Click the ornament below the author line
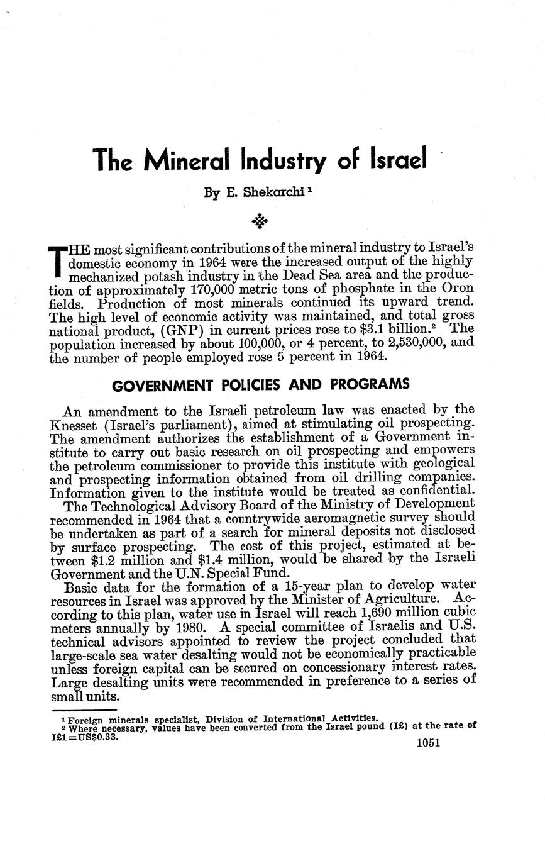[x=259, y=220]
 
